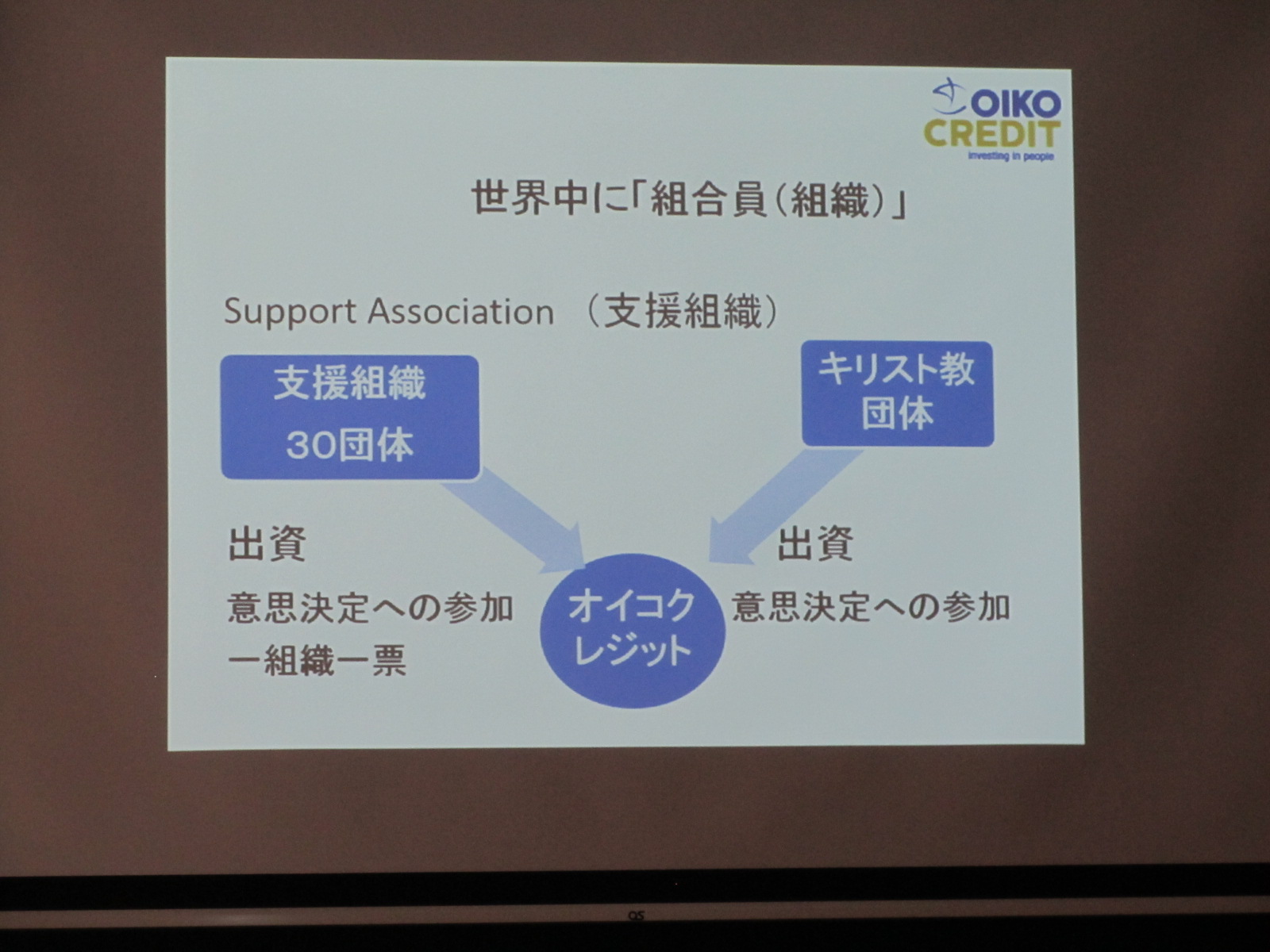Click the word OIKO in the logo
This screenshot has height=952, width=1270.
point(1015,104)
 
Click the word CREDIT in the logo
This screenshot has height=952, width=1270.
point(991,134)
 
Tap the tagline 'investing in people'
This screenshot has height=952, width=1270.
point(1010,155)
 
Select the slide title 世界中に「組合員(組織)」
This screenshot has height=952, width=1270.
point(688,200)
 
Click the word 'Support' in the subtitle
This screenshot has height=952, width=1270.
point(290,313)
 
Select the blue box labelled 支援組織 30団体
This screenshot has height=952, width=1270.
point(350,417)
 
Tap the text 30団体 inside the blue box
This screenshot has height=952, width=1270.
point(350,446)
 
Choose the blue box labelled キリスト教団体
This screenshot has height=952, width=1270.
point(898,393)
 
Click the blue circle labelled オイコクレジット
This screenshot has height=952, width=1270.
point(633,630)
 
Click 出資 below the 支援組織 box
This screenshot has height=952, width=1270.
point(267,544)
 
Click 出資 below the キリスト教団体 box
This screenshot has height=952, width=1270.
point(814,543)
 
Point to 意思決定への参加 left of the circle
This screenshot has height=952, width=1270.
point(371,608)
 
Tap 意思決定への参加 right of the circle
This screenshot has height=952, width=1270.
point(871,606)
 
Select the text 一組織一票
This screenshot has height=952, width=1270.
point(317,660)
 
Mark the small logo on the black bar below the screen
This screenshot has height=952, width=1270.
point(636,916)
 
